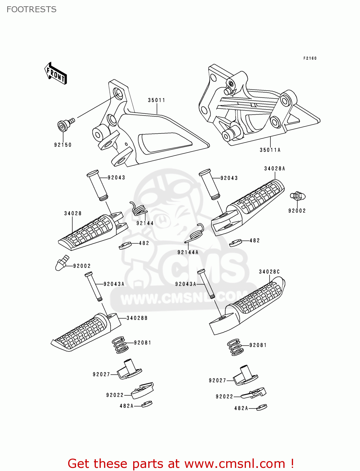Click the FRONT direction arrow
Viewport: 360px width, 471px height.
[x=56, y=73]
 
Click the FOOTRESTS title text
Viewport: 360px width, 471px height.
[x=31, y=9]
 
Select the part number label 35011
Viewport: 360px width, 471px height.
[x=156, y=100]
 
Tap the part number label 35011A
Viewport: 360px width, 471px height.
[x=270, y=150]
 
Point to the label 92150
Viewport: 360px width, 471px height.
[x=63, y=145]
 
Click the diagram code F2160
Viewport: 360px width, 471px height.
[x=310, y=58]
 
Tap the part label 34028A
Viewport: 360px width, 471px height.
[x=275, y=169]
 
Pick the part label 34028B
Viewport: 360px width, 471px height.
[x=137, y=318]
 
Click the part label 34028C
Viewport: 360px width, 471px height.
[x=269, y=272]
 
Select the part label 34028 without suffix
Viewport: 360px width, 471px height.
[x=73, y=213]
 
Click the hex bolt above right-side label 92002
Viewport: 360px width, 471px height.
[x=297, y=196]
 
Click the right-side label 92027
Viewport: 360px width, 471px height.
[x=217, y=380]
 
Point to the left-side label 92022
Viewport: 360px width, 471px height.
[x=115, y=395]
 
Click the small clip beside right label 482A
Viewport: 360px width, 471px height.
[x=261, y=407]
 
